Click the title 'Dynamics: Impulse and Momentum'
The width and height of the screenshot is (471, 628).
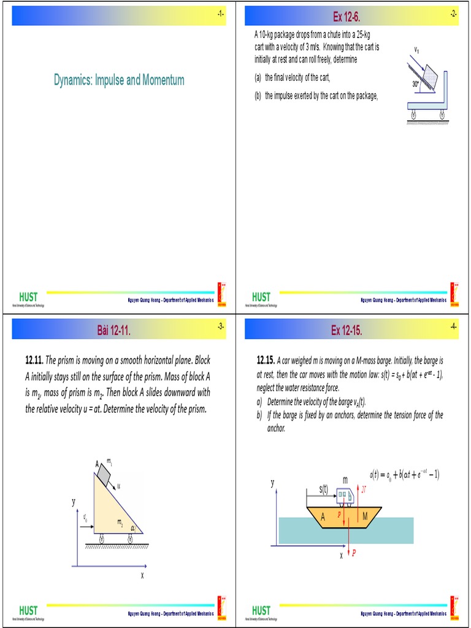(x=119, y=80)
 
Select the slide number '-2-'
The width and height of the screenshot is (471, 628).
(x=453, y=14)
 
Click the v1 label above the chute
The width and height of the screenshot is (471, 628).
(x=417, y=49)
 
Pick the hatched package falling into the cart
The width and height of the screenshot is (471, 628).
(x=431, y=77)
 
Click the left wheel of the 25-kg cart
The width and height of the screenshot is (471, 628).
(x=413, y=113)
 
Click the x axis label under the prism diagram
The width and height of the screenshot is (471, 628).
(x=142, y=576)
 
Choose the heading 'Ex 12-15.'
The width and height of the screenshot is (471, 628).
(x=347, y=331)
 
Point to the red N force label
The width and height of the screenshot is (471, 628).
(x=364, y=489)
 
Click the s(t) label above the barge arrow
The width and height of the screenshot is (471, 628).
(x=324, y=488)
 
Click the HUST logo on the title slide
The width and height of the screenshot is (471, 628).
(x=28, y=297)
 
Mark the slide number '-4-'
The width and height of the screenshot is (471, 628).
(x=453, y=327)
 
